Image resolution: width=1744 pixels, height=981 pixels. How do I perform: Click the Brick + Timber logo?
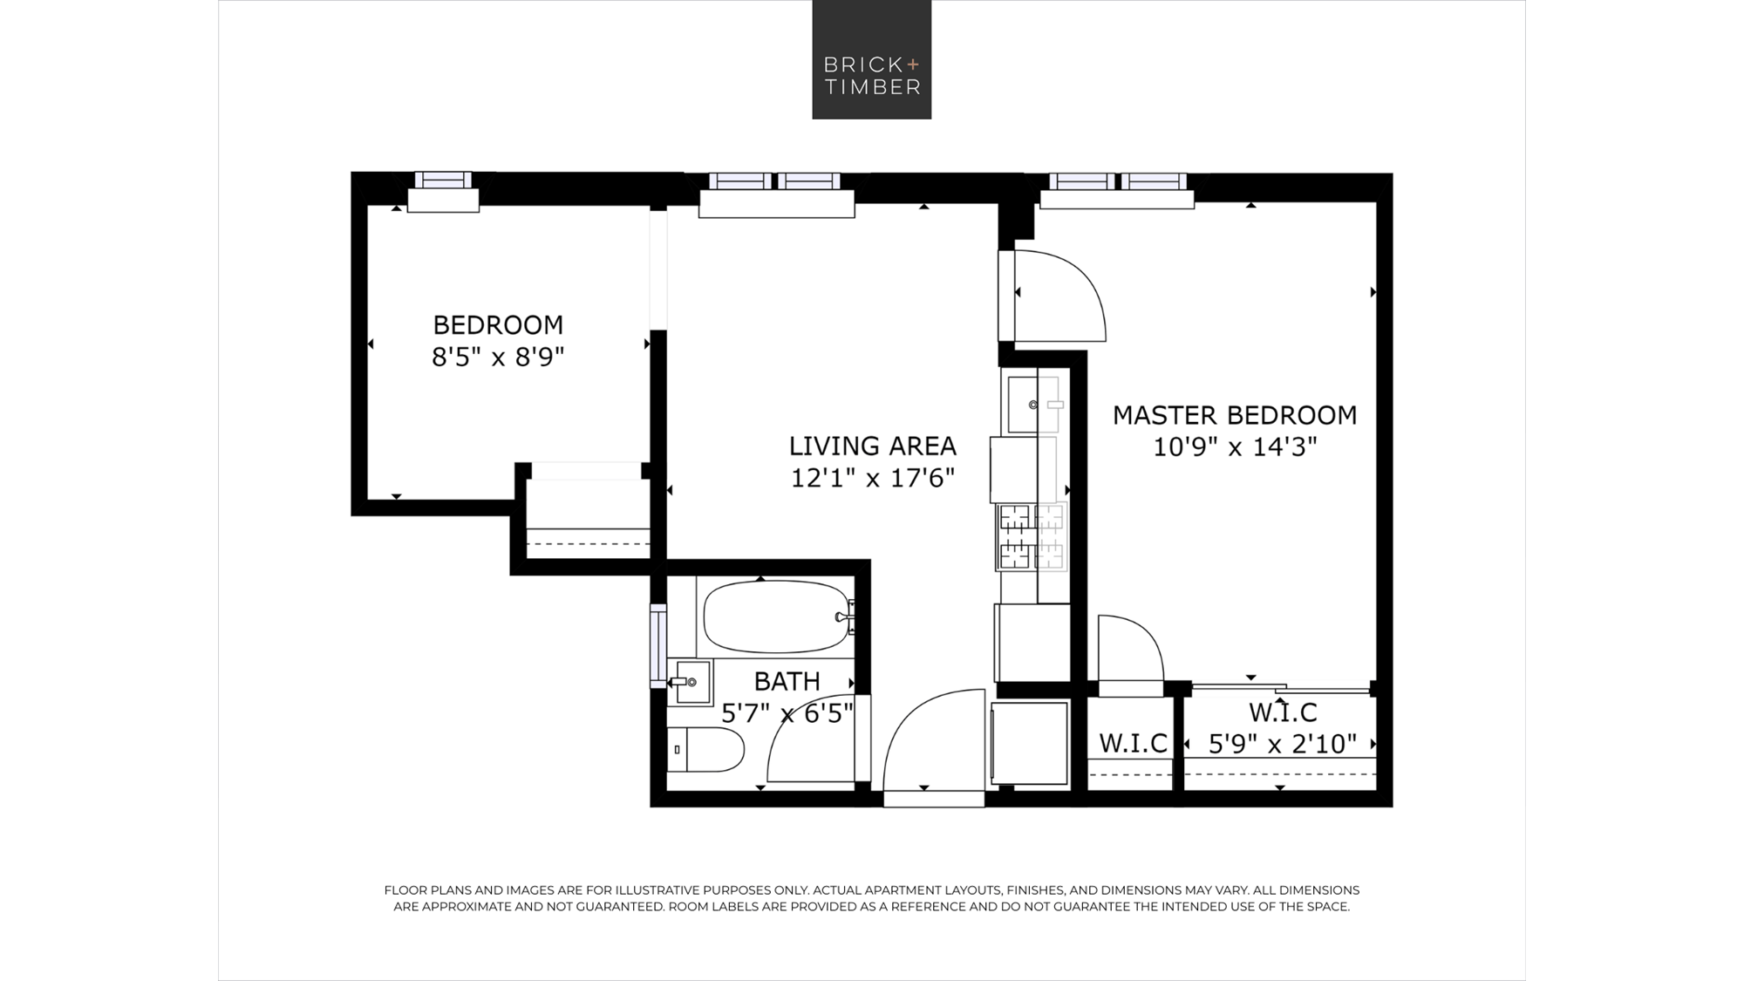(871, 59)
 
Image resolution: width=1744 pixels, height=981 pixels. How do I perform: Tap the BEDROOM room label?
(498, 325)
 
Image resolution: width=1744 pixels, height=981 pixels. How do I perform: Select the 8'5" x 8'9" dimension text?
(498, 357)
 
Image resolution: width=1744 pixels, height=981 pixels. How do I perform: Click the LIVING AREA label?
(872, 446)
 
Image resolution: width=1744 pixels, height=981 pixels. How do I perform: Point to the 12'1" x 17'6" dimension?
(873, 478)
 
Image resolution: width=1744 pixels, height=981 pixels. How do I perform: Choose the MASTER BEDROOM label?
(1235, 415)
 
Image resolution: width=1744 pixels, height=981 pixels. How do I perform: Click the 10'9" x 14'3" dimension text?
(1235, 446)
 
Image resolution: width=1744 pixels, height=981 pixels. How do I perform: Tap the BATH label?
(787, 681)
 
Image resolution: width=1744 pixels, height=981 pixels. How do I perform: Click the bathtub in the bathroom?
(776, 617)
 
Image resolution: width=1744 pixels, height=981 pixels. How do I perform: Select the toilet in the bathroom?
(705, 749)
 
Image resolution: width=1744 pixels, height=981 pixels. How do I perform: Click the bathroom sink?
(691, 682)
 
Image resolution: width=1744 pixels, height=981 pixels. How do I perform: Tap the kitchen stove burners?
(1032, 537)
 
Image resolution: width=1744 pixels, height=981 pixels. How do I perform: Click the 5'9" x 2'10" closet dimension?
(1282, 744)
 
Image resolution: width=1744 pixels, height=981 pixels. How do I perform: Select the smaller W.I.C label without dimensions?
(1133, 744)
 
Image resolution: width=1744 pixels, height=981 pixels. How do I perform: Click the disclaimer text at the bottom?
(872, 898)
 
